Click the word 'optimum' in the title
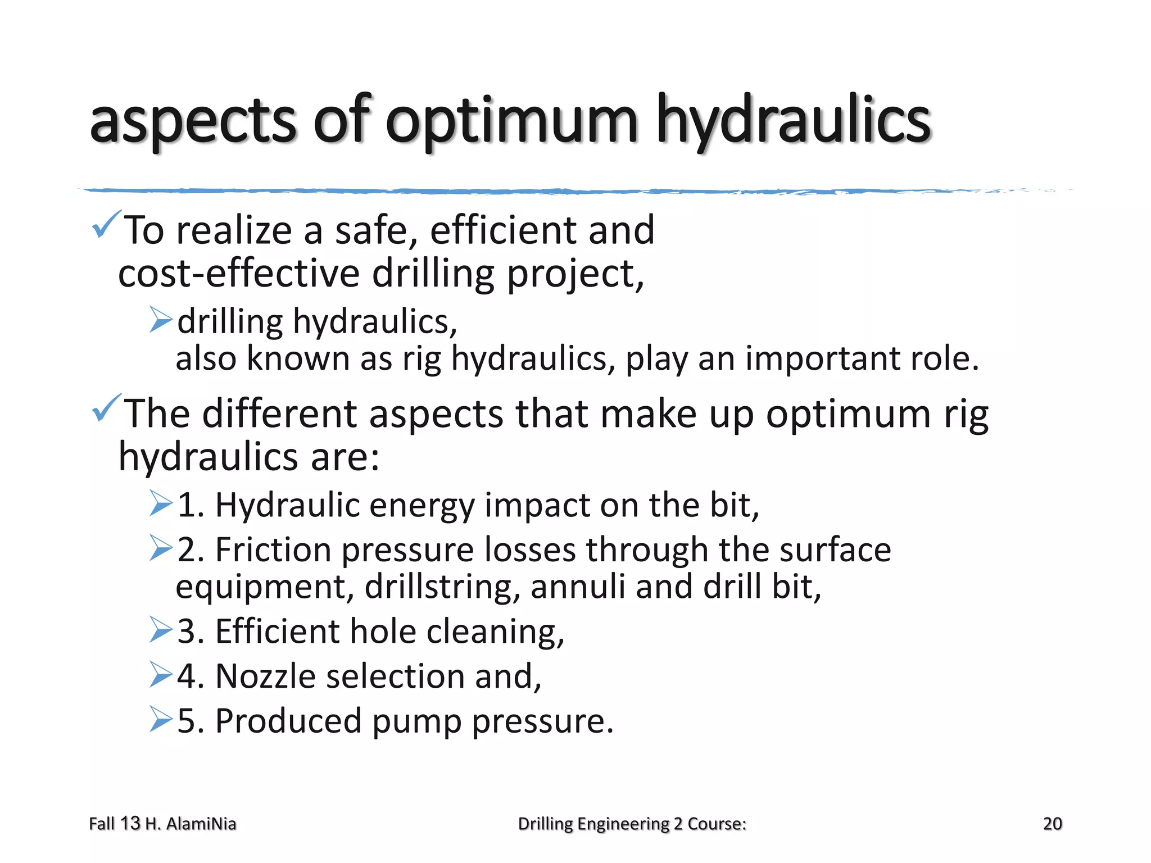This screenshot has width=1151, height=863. (511, 121)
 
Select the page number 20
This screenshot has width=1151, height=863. (1052, 824)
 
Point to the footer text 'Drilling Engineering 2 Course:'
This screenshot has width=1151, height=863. (632, 824)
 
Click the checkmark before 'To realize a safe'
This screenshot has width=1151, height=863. (106, 225)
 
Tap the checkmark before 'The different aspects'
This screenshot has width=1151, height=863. (106, 408)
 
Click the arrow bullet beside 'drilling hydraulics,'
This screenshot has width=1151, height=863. (161, 320)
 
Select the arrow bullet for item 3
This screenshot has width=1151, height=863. (161, 629)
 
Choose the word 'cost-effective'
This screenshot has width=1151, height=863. (239, 274)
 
